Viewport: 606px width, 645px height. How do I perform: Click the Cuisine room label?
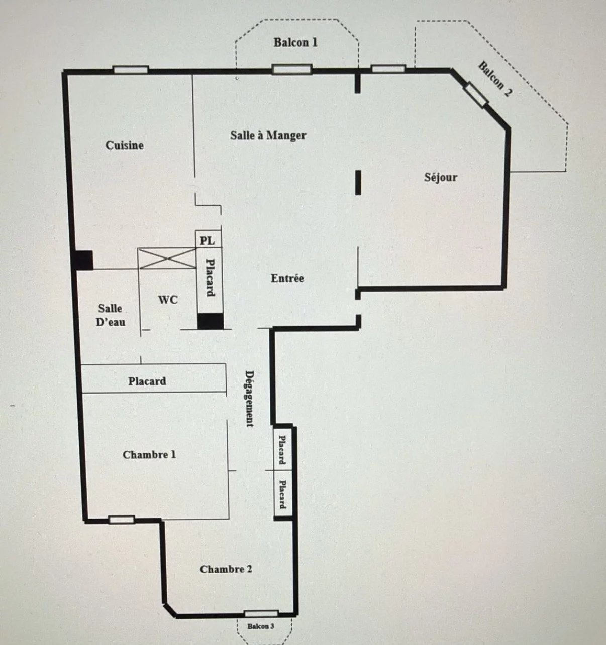[124, 145]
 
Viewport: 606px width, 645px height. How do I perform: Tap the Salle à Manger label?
[268, 135]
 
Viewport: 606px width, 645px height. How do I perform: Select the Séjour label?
[441, 177]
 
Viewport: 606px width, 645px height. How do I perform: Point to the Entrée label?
[287, 278]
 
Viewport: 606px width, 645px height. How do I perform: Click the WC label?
[168, 300]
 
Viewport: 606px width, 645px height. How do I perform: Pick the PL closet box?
[209, 239]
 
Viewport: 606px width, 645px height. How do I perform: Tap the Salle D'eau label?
[110, 315]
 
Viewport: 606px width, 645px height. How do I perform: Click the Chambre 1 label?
[149, 455]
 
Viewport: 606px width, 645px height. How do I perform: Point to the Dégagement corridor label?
[250, 399]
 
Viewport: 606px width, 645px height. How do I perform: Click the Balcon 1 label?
[295, 42]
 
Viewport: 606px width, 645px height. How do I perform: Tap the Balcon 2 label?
[495, 79]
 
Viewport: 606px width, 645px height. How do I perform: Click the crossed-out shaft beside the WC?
[167, 259]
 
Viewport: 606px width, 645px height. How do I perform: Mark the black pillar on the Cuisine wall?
[82, 260]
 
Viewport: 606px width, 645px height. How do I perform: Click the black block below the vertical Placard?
[211, 322]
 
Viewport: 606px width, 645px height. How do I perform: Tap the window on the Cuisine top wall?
[131, 70]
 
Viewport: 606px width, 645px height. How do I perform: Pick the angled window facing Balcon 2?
[476, 95]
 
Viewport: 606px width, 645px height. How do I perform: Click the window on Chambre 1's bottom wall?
[122, 520]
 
